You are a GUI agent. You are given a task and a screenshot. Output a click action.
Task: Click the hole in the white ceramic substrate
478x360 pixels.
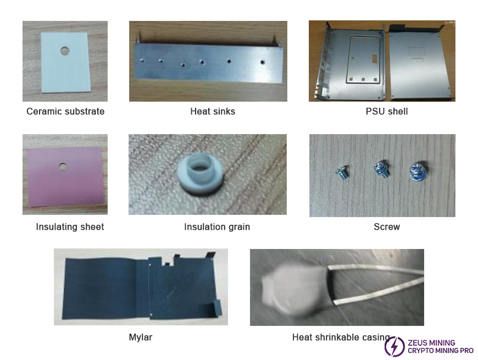tap(65, 51)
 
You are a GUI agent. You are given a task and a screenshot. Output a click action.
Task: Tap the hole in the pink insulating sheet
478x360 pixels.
tap(63, 167)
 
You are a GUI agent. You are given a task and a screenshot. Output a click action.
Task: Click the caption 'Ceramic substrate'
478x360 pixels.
tap(65, 111)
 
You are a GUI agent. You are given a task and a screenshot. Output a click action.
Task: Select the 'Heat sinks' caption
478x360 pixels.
tap(213, 111)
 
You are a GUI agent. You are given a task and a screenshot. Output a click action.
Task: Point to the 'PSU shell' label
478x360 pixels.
tap(387, 111)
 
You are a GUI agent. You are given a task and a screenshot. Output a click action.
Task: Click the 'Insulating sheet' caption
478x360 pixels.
tap(70, 227)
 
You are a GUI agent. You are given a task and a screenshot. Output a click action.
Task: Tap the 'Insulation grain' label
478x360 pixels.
tap(216, 227)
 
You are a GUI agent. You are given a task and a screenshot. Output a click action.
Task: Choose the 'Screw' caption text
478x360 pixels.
tap(387, 227)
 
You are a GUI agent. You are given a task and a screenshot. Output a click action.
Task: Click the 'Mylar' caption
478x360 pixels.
tap(140, 337)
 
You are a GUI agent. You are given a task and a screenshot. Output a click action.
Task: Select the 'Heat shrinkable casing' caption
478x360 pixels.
tap(341, 337)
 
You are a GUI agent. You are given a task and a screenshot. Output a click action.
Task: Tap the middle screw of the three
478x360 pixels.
tap(381, 170)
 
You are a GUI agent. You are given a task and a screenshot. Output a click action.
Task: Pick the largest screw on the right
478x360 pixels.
tap(418, 172)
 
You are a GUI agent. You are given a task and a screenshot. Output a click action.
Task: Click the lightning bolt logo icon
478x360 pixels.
tap(394, 346)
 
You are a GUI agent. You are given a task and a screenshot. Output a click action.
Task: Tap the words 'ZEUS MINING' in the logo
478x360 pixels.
tap(431, 342)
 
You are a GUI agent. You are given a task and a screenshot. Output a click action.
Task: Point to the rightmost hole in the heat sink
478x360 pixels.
tap(262, 62)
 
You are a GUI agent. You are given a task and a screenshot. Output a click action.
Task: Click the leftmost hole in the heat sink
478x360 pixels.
tap(141, 60)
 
